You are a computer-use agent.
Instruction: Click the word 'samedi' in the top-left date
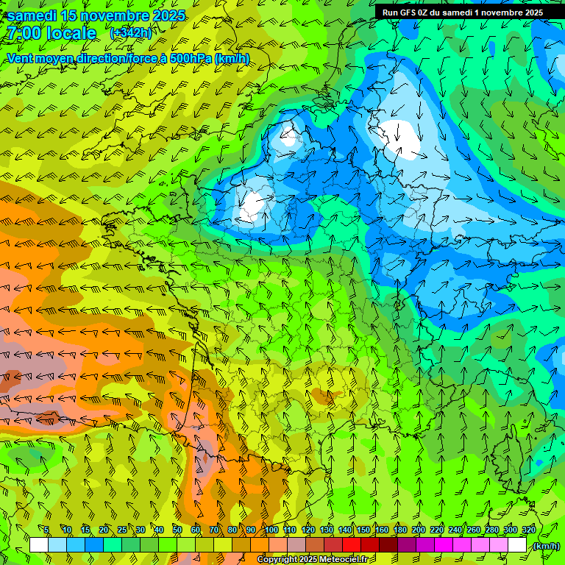[x=32, y=15]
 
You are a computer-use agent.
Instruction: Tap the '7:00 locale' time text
[x=51, y=33]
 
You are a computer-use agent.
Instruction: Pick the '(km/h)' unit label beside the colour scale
[x=546, y=546]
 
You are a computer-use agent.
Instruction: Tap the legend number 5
[x=46, y=530]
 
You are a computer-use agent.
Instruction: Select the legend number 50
[x=177, y=530]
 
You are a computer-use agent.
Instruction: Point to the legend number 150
[x=363, y=530]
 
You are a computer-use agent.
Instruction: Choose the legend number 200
[x=419, y=530]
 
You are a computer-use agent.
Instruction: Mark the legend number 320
[x=529, y=530]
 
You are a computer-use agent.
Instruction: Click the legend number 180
[x=400, y=530]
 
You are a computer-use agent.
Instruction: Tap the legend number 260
[x=474, y=530]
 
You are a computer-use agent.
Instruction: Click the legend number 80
[x=232, y=530]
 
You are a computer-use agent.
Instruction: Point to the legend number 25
[x=122, y=530]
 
